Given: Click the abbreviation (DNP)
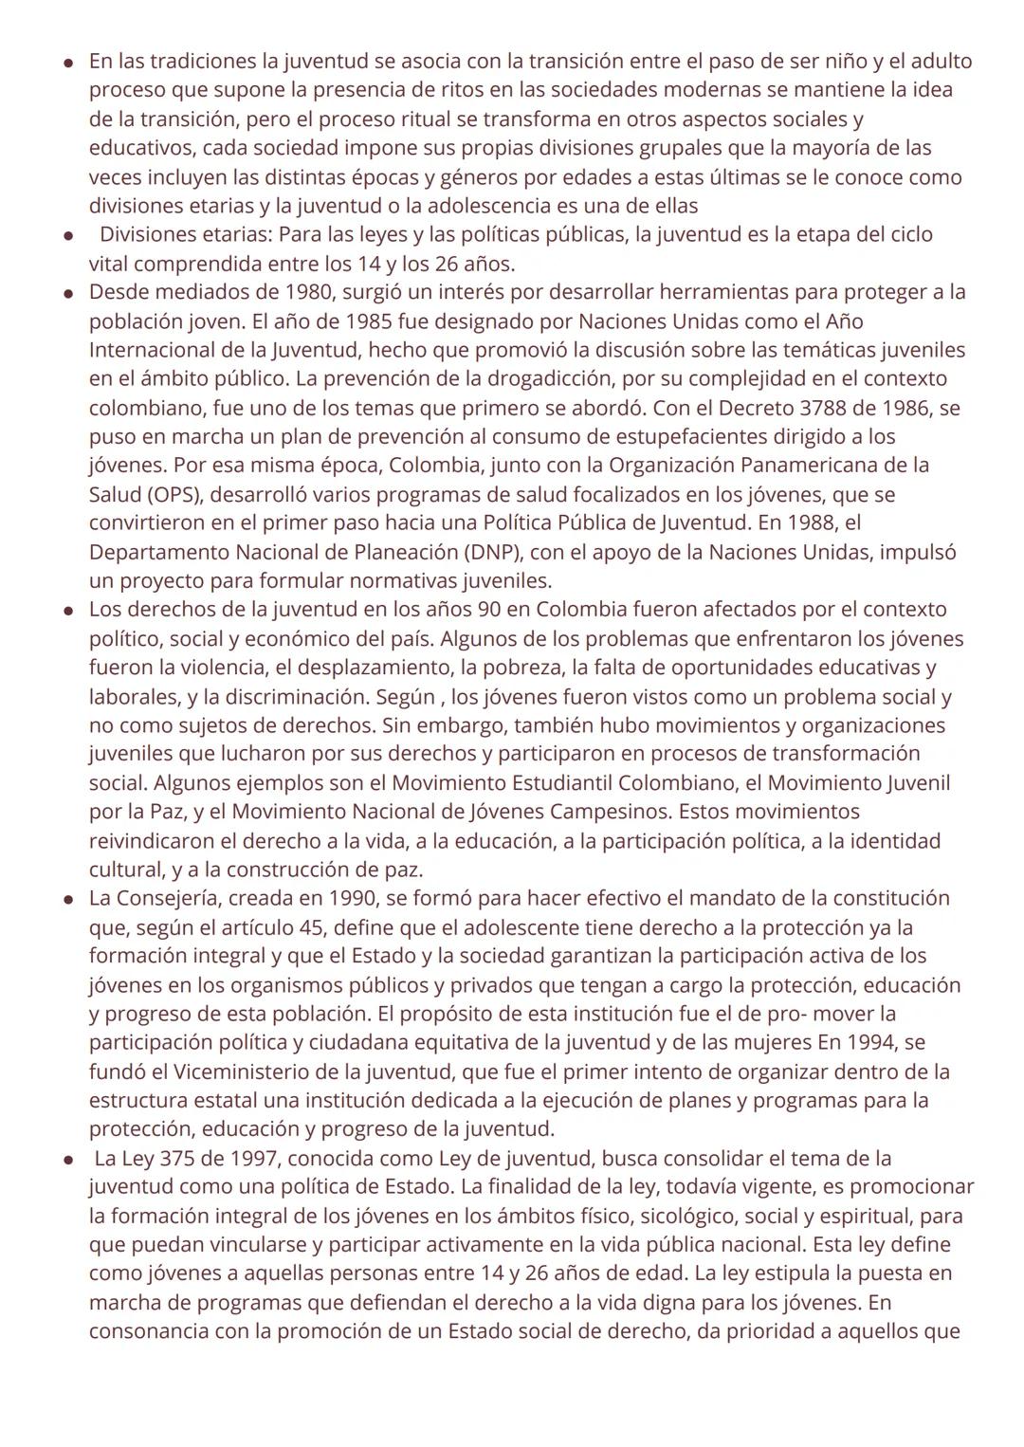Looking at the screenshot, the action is pyautogui.click(x=493, y=552).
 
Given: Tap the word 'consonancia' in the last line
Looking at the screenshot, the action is pyautogui.click(x=149, y=1331).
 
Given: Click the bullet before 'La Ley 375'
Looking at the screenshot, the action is pyautogui.click(x=69, y=1159).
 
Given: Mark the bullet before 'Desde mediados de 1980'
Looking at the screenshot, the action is pyautogui.click(x=69, y=293).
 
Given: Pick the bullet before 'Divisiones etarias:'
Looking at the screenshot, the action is pyautogui.click(x=69, y=235).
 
